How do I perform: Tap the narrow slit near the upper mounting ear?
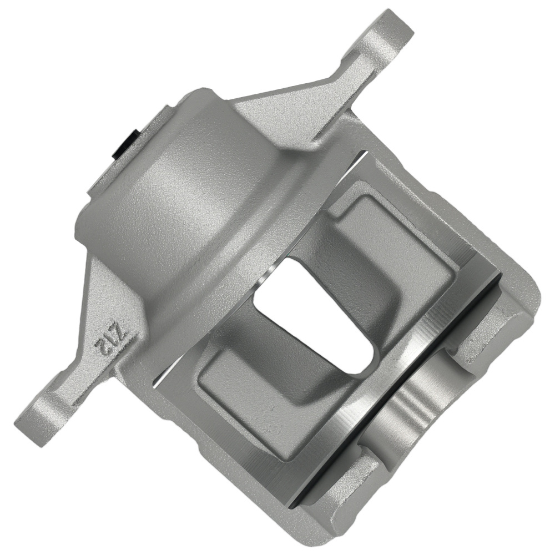pos(355,161)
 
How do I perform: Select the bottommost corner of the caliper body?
pos(311,530)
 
